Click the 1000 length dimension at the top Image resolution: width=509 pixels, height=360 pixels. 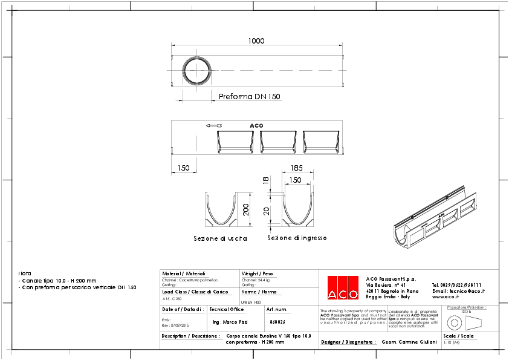click(256, 41)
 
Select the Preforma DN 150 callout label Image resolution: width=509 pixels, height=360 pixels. click(249, 97)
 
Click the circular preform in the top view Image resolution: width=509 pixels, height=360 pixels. click(197, 70)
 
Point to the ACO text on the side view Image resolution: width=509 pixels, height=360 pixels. click(257, 126)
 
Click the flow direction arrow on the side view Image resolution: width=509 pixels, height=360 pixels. click(212, 126)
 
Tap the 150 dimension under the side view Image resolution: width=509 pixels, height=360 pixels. click(183, 168)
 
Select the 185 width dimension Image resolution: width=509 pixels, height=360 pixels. click(296, 168)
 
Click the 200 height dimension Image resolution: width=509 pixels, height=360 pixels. click(245, 209)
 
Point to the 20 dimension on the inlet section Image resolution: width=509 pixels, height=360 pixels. click(265, 211)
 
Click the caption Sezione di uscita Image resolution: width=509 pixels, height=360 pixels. click(220, 239)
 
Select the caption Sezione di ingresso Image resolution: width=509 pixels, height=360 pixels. click(297, 238)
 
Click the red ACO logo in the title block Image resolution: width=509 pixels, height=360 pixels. click(343, 287)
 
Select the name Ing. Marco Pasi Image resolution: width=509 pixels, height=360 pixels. click(231, 322)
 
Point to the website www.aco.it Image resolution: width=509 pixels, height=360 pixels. click(446, 297)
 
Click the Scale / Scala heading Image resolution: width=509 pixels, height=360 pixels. click(458, 335)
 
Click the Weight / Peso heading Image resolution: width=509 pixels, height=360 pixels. click(257, 273)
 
